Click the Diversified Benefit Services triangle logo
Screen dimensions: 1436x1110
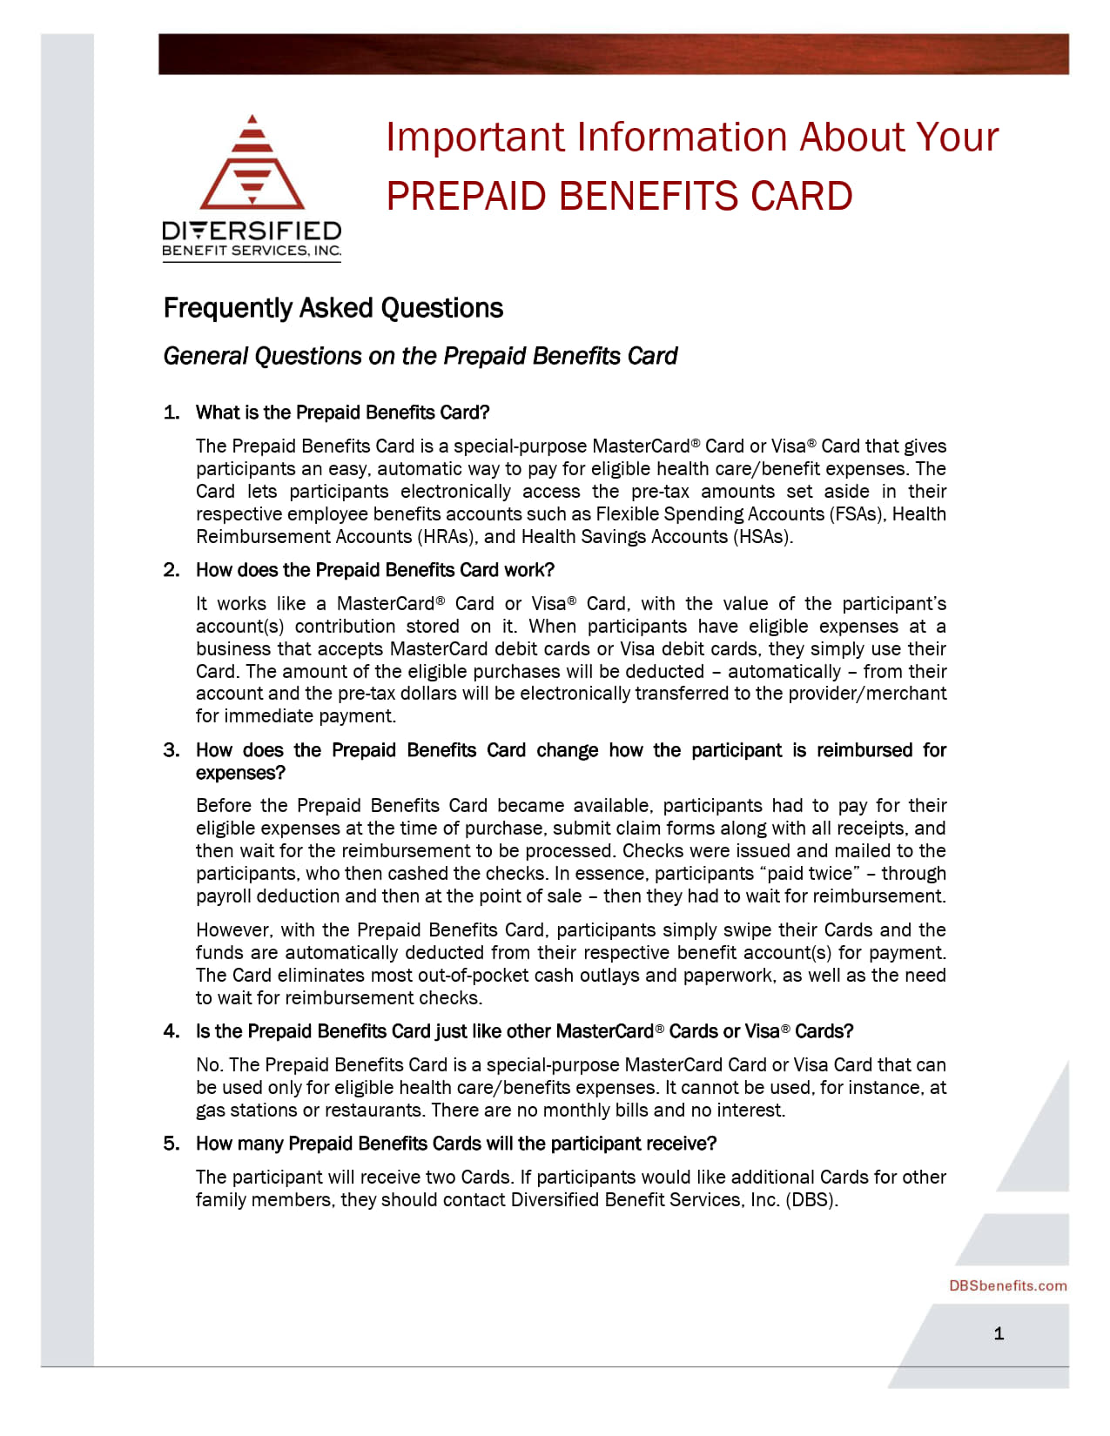(x=252, y=164)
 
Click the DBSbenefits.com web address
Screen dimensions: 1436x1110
(x=1007, y=1285)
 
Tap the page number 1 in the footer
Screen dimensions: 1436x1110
(x=999, y=1333)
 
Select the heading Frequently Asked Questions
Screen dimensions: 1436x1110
(x=333, y=308)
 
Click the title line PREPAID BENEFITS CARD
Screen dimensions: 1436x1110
(x=619, y=196)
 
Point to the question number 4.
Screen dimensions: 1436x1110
(x=171, y=1031)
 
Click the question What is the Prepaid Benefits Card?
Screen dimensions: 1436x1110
(x=342, y=413)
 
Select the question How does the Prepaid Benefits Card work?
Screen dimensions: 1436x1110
(x=374, y=570)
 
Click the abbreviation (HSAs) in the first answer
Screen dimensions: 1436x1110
(x=762, y=536)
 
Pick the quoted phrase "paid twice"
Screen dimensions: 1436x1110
(x=809, y=873)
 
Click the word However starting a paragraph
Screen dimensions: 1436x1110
(x=230, y=929)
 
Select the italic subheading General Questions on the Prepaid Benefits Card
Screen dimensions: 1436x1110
(x=420, y=356)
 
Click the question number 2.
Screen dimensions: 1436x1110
(x=171, y=570)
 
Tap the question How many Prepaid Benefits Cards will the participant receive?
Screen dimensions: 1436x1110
(x=455, y=1144)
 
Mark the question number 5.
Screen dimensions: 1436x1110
(x=171, y=1144)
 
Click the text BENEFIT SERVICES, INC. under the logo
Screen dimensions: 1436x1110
(x=252, y=251)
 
